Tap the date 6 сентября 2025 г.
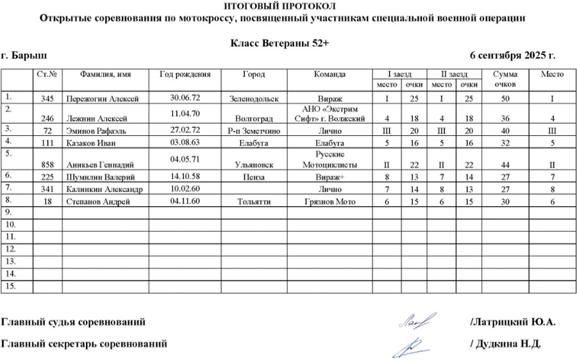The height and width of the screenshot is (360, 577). click(512, 56)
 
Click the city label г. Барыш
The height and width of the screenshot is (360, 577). click(24, 56)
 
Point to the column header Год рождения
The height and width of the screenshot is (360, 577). click(185, 74)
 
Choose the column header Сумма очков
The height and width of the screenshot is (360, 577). click(505, 79)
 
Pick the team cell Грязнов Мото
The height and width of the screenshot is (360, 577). click(330, 202)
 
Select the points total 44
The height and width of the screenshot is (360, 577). click(505, 165)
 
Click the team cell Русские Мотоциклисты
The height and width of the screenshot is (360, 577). click(330, 160)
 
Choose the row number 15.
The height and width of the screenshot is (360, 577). click(10, 286)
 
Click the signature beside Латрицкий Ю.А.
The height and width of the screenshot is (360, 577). click(417, 320)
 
